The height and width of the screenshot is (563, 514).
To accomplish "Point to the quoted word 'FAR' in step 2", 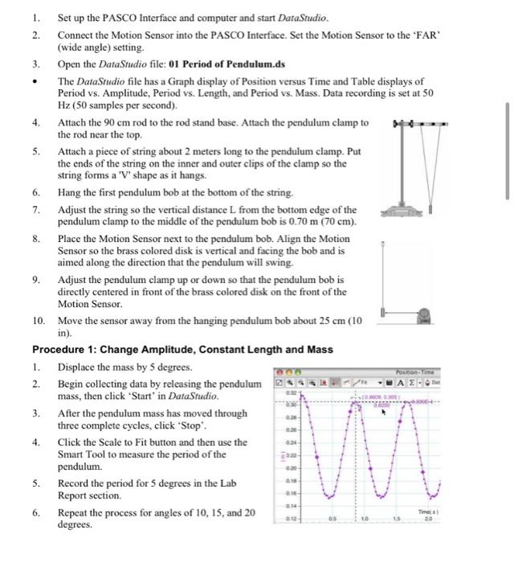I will point(430,35).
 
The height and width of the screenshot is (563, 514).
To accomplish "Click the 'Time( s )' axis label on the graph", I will point(430,512).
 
